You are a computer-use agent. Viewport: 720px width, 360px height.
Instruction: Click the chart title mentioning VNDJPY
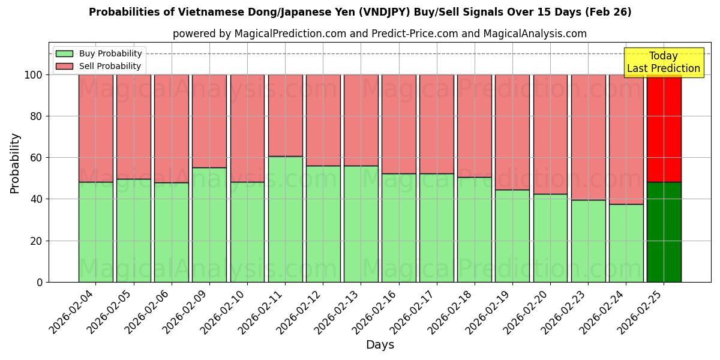point(360,12)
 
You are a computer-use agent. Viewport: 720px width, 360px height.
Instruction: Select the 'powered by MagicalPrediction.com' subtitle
point(379,34)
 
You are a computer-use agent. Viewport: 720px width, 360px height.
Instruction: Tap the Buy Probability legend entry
point(98,53)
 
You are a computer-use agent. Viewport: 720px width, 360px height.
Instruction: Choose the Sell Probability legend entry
point(98,66)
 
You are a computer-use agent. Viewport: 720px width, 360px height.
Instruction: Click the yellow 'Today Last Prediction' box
point(663,62)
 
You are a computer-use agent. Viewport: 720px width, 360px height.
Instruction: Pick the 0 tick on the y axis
point(39,282)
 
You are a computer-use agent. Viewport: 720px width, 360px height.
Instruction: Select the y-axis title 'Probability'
point(15,163)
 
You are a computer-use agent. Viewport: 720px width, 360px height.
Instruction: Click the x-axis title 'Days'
point(379,345)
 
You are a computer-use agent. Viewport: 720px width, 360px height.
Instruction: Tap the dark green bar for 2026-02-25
point(664,232)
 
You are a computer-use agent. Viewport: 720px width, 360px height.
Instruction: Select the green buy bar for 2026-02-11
point(285,219)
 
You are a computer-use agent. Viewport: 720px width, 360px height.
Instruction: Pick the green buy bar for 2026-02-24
point(626,243)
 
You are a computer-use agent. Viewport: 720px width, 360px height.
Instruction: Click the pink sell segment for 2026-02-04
point(96,128)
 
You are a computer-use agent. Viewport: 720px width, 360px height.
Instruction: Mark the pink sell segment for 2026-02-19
point(512,132)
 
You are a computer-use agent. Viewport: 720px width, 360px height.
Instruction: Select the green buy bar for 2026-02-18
point(475,229)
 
